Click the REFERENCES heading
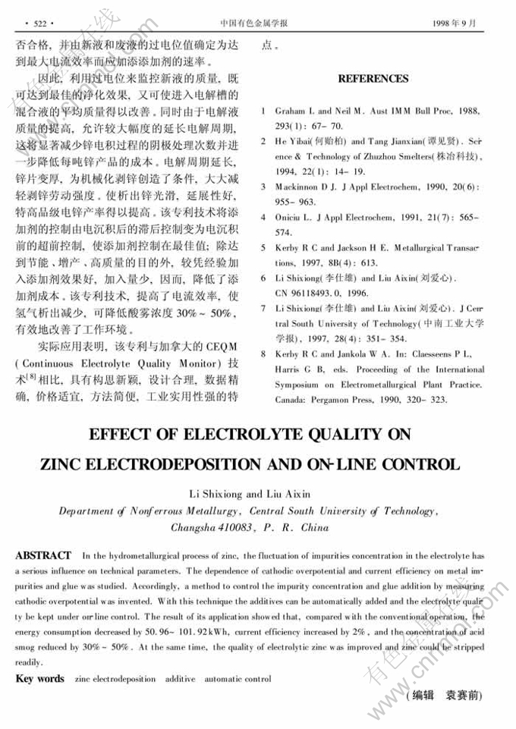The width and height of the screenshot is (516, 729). coord(373,78)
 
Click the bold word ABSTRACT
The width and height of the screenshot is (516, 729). coord(43,556)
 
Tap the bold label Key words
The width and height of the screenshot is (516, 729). coord(39,679)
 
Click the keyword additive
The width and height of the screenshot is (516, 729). coord(180,679)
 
